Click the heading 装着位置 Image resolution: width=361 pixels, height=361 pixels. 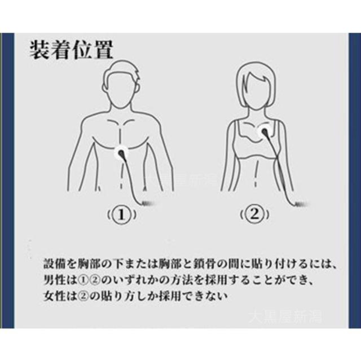[x=72, y=50]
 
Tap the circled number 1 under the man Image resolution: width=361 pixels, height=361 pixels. [x=122, y=215]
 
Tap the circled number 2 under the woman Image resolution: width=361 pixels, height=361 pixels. [x=254, y=214]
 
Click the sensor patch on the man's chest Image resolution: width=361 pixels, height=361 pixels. [x=121, y=153]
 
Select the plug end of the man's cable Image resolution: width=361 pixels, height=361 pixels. [x=147, y=203]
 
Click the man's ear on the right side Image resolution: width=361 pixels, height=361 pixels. [x=138, y=88]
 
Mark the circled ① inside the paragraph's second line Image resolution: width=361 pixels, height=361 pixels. [x=83, y=280]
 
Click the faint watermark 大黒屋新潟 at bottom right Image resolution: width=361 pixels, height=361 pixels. [x=285, y=317]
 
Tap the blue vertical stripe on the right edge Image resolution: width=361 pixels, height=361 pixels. [x=355, y=180]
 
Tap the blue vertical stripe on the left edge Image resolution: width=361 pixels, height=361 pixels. [x=7, y=180]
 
